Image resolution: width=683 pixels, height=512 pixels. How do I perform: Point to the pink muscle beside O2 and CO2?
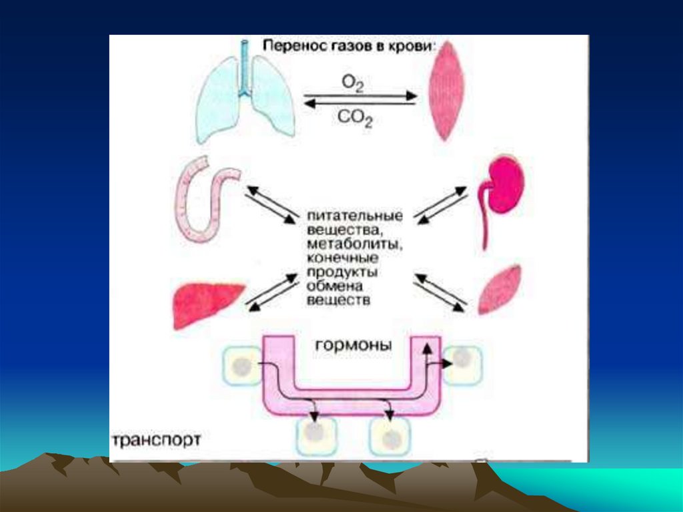point(444,90)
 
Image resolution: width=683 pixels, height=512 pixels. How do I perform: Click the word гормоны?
point(354,346)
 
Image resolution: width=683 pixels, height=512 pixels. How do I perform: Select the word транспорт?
point(156,441)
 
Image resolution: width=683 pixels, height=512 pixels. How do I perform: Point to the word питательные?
point(354,216)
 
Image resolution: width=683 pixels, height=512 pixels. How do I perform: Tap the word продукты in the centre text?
point(339,272)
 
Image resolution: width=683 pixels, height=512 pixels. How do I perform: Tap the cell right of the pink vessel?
point(462,364)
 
